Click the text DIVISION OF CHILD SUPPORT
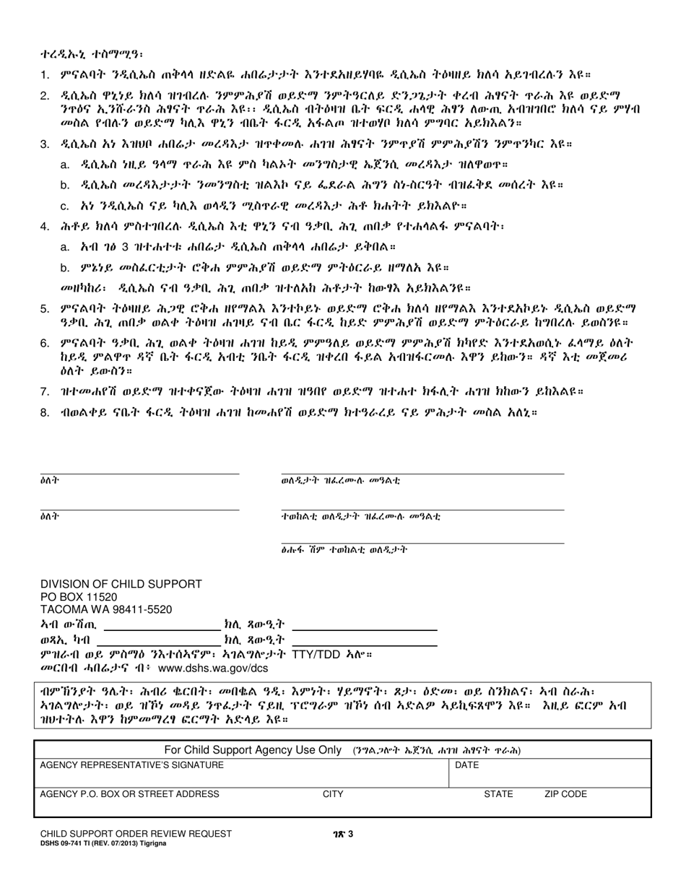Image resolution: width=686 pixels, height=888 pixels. click(x=121, y=584)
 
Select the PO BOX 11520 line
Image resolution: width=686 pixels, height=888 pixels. click(x=78, y=597)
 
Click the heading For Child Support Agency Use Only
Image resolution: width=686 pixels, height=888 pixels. click(x=253, y=750)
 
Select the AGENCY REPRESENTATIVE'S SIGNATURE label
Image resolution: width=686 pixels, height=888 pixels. click(x=131, y=765)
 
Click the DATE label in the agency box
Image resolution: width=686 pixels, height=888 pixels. click(x=466, y=765)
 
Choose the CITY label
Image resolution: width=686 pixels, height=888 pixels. click(x=333, y=794)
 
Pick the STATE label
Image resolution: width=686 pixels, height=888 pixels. click(x=498, y=794)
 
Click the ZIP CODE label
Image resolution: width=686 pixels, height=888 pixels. click(x=565, y=794)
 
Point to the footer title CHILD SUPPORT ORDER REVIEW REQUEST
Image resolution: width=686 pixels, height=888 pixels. click(x=136, y=834)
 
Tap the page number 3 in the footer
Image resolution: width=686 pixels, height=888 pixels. click(x=350, y=835)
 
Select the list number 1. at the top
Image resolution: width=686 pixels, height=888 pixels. click(x=45, y=74)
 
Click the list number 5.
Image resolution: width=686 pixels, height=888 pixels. click(x=45, y=309)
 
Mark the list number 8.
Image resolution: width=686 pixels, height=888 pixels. click(x=45, y=413)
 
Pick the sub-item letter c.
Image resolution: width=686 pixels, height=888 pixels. click(x=65, y=206)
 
